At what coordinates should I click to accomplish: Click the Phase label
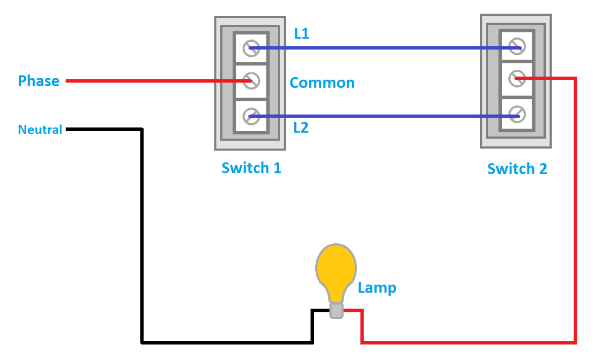point(39,81)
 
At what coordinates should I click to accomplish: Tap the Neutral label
point(40,130)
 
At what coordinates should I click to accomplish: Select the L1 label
point(302,34)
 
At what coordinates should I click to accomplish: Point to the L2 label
point(301,127)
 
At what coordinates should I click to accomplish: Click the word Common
point(322,83)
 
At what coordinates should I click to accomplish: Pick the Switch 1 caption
point(251,168)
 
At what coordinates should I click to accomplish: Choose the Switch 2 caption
point(517,169)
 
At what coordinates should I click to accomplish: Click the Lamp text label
point(377,288)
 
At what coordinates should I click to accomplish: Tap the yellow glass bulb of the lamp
point(336,270)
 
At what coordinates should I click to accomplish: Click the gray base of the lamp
point(336,310)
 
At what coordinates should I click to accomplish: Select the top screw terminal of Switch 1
point(251,47)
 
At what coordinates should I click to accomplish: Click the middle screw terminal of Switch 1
point(251,81)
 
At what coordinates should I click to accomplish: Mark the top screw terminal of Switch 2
point(517,46)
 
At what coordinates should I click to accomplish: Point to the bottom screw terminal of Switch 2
point(517,114)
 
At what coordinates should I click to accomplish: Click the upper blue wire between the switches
point(384,48)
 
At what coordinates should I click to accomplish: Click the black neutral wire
point(141,234)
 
